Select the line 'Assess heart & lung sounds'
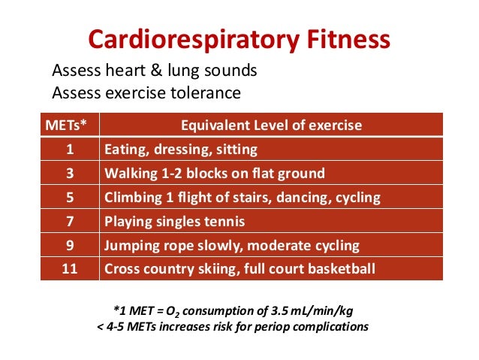(x=154, y=71)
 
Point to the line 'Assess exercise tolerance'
(x=146, y=93)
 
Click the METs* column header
(x=69, y=125)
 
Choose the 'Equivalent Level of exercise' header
(x=271, y=125)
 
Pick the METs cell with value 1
(x=69, y=149)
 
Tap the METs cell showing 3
(x=69, y=173)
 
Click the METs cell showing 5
(x=69, y=198)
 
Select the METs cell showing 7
(x=69, y=222)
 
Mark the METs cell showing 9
(x=69, y=246)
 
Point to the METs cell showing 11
(x=69, y=269)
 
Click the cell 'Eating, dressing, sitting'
(x=181, y=149)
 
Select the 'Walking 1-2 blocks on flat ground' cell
(x=215, y=173)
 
